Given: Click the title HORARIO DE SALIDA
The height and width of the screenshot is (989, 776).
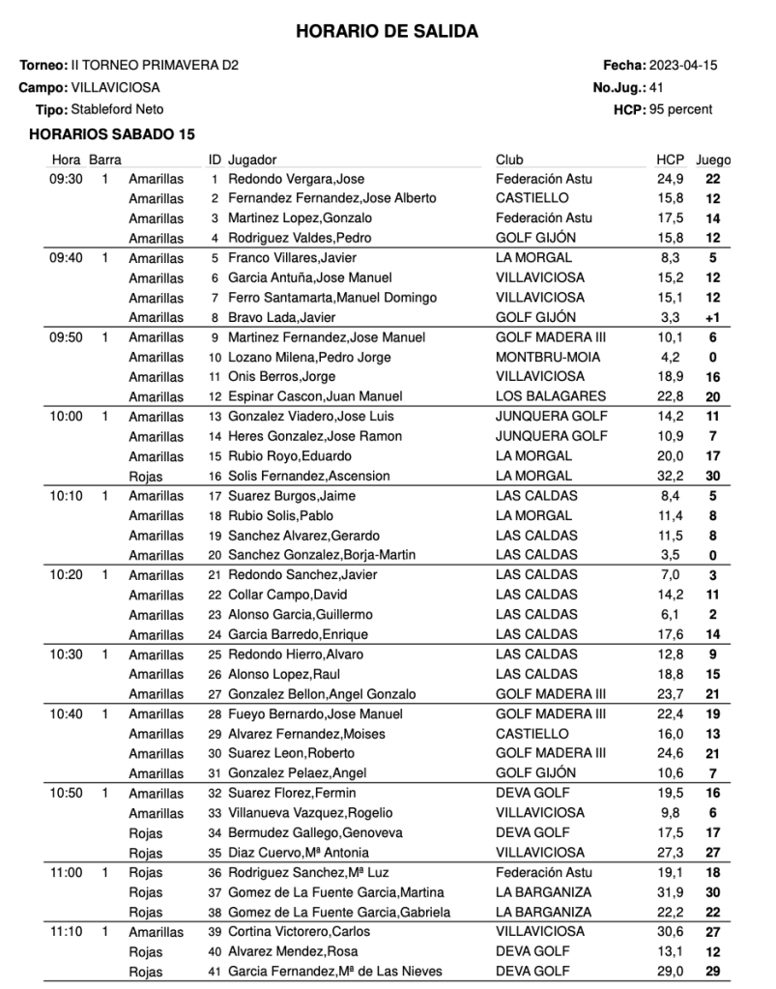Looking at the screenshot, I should point(387,32).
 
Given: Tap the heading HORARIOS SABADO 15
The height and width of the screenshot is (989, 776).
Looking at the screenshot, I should point(112,134).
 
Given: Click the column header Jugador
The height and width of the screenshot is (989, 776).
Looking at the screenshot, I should point(252,160).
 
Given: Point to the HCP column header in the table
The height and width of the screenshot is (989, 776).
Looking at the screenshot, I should point(670,160).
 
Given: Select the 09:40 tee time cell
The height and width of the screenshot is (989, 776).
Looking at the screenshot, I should point(66,258).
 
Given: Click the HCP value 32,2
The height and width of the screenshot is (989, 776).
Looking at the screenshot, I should point(670,476).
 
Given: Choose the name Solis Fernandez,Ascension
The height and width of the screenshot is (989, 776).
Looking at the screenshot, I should point(309,476).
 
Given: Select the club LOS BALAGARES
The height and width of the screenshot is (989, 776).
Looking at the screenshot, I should point(551,396).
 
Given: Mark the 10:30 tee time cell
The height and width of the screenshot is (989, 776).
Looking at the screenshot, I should point(66,654).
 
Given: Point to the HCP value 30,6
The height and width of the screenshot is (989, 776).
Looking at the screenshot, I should point(670,932).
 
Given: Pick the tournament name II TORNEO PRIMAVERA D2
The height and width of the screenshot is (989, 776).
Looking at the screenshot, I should point(155,66).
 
